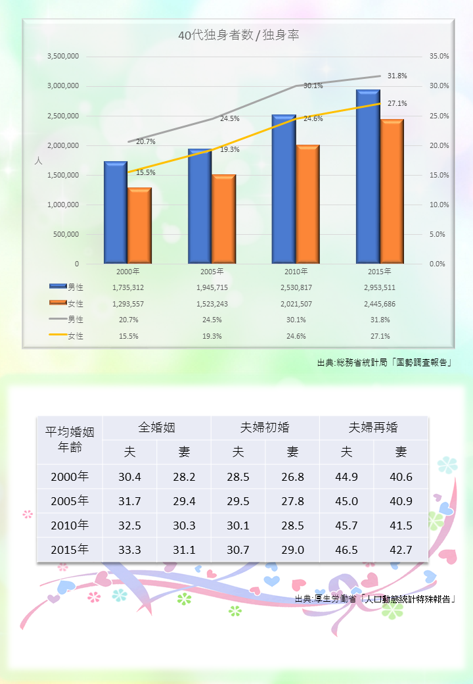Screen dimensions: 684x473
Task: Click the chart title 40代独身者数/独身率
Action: click(238, 36)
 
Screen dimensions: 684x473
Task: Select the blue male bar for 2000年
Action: click(115, 212)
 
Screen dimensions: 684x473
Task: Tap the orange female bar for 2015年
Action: click(392, 191)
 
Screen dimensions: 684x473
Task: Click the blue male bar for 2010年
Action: click(284, 189)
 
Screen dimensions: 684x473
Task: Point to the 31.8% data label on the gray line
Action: click(397, 76)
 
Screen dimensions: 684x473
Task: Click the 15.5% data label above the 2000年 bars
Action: click(146, 172)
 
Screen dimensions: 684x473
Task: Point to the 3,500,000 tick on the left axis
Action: click(63, 57)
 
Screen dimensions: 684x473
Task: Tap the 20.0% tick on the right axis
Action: click(439, 145)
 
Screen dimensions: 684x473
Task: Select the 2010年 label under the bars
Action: click(296, 271)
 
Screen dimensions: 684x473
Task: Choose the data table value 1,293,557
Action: click(127, 304)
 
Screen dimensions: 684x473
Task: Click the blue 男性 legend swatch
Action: click(58, 287)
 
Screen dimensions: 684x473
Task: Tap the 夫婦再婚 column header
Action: click(373, 427)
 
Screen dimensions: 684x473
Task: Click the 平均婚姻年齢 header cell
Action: click(70, 440)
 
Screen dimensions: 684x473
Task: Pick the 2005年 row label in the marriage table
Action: click(70, 501)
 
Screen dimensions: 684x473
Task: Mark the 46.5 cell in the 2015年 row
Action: click(346, 549)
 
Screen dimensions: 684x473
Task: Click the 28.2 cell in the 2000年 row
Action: click(184, 477)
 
